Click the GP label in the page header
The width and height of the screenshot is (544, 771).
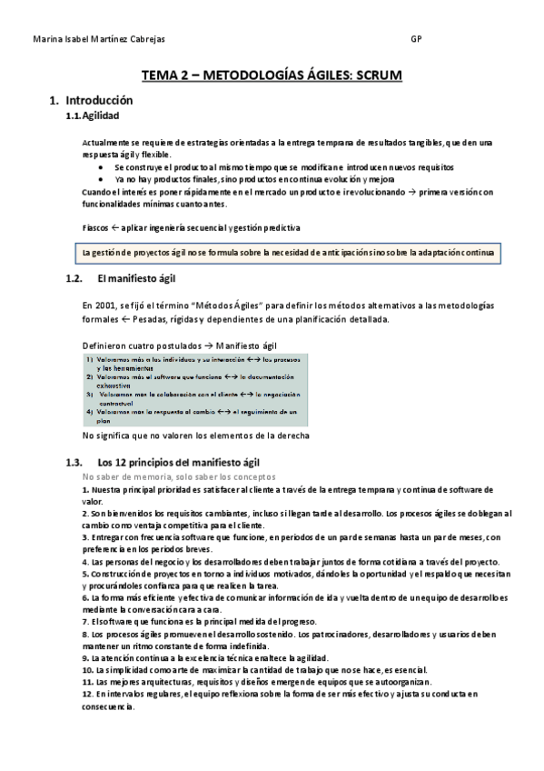416,39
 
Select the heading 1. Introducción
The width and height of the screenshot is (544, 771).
91,100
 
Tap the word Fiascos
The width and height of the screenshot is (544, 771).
96,226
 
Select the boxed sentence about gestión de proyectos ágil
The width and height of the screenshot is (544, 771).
287,252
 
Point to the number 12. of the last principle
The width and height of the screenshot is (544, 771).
88,694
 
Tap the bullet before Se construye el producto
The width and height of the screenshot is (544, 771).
100,168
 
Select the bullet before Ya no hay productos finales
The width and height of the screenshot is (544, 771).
100,180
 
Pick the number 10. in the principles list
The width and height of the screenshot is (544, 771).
88,669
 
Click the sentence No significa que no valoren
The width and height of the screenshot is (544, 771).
195,436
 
